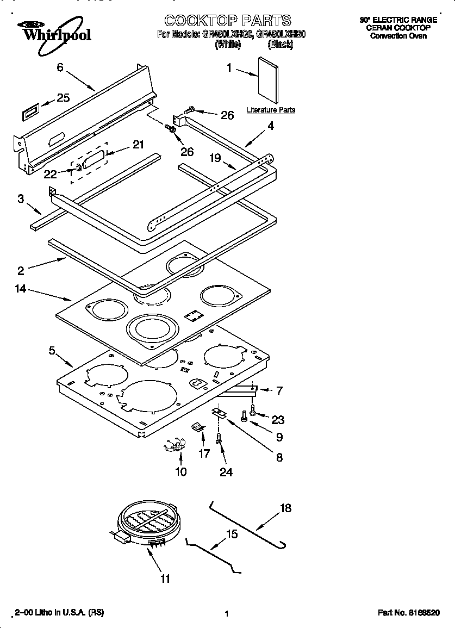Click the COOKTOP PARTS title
227,21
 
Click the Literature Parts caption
271,110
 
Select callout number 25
64,98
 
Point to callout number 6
60,67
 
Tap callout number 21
139,145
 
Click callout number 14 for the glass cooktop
21,289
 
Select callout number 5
52,351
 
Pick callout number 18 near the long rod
285,508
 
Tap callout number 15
231,534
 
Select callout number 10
180,471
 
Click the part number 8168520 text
409,613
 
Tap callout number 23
277,420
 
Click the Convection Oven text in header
398,36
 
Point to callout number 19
215,158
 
